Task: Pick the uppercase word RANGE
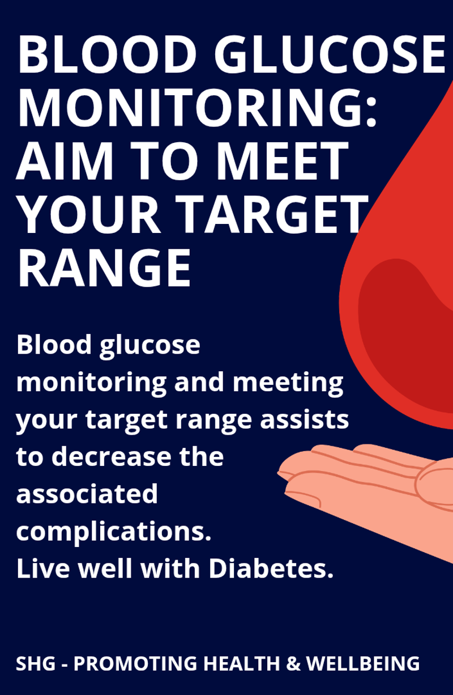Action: pos(104,268)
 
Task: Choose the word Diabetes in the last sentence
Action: pos(271,569)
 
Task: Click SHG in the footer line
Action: pos(36,663)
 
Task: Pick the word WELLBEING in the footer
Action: pos(363,663)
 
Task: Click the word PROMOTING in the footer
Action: pos(135,663)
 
